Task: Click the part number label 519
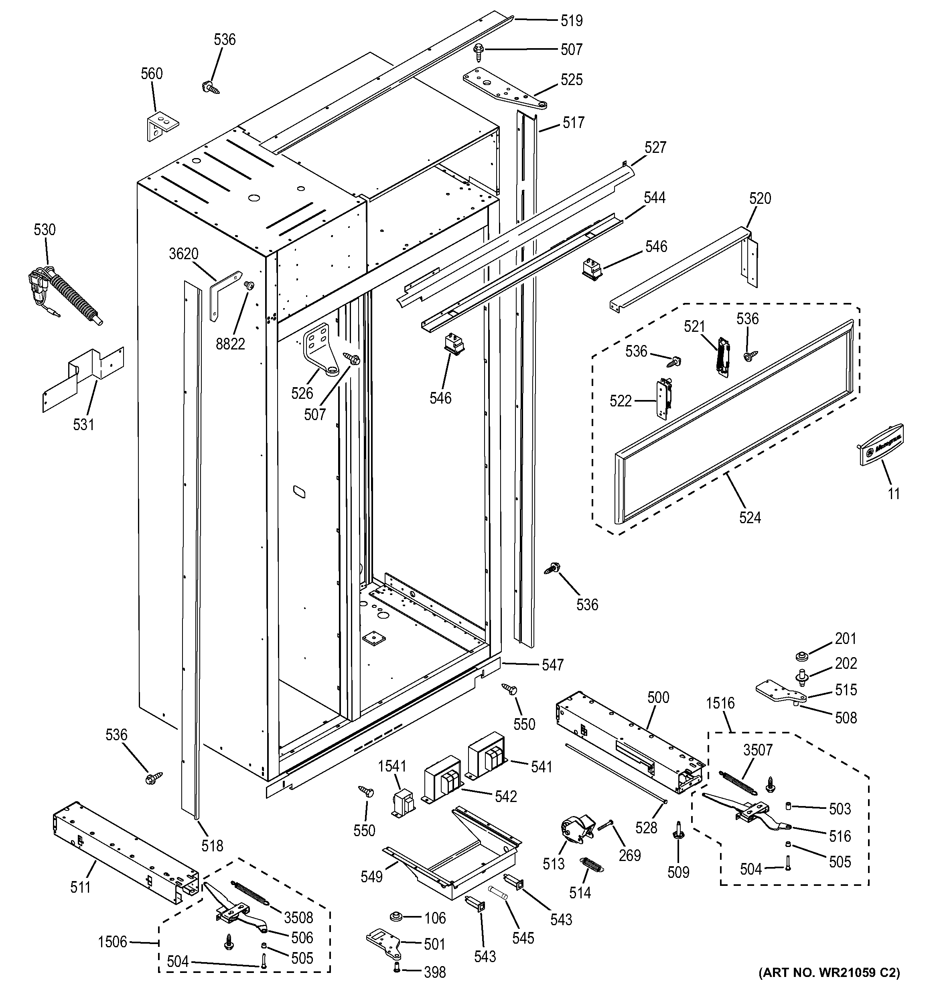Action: pos(571,20)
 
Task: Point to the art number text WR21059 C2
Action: pos(829,973)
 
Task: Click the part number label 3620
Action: pos(183,254)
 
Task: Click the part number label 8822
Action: pos(230,344)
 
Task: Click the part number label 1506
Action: pos(112,942)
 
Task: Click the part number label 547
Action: pos(552,665)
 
